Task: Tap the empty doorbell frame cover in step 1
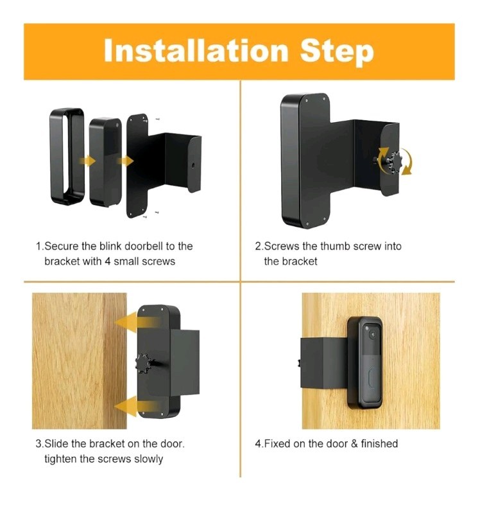[67, 157]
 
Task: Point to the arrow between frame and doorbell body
[87, 160]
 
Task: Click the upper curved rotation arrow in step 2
[385, 150]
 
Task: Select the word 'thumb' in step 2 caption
[335, 246]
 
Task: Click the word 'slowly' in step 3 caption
[148, 459]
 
